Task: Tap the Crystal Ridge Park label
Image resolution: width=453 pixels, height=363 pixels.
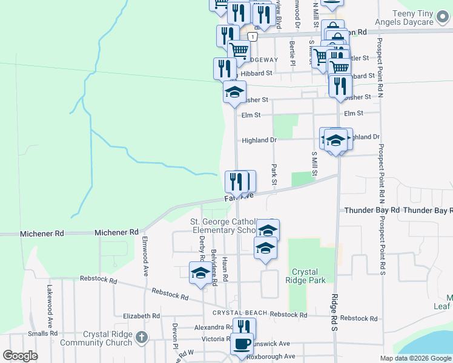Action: click(x=309, y=276)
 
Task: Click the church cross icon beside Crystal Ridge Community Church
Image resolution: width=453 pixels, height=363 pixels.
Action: click(x=141, y=338)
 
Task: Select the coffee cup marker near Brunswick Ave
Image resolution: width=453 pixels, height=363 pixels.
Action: click(x=242, y=344)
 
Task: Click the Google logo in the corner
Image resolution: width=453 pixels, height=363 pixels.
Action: click(x=20, y=356)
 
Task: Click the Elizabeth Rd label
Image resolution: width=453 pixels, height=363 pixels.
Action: click(x=141, y=316)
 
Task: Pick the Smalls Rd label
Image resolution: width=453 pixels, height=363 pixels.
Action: click(x=42, y=333)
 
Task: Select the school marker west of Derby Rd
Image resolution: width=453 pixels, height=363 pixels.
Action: click(x=200, y=273)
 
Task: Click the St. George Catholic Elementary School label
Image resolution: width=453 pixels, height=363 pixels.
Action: click(x=224, y=226)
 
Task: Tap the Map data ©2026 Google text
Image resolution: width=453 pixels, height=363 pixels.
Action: click(x=415, y=358)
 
